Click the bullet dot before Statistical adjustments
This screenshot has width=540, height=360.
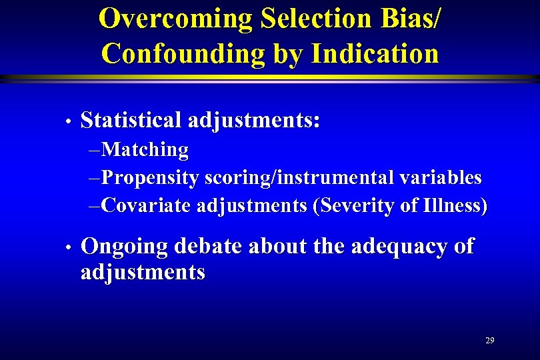[69, 122]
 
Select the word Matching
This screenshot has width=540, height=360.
[145, 150]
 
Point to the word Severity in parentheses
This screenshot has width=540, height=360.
[353, 205]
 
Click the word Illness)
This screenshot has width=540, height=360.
[455, 205]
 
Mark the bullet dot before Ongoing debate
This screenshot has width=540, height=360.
[69, 248]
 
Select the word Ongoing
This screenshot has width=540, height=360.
[124, 247]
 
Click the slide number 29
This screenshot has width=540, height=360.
[490, 341]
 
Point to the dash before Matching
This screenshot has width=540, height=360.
[95, 151]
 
